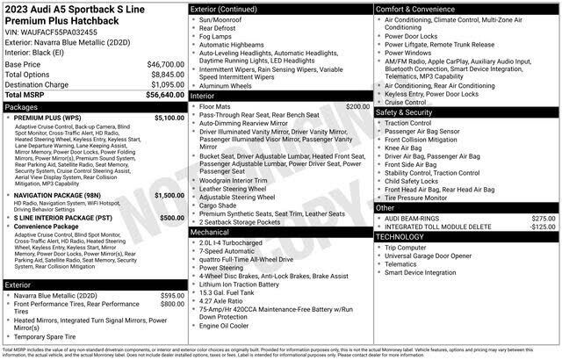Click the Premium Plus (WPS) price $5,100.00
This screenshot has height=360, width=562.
click(x=169, y=117)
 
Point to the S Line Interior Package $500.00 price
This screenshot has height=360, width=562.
click(x=171, y=217)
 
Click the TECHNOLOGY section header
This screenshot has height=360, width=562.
click(x=406, y=237)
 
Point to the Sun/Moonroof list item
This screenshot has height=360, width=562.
click(x=224, y=19)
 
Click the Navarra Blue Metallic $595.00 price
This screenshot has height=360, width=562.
click(x=170, y=296)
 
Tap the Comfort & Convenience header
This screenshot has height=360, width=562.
click(x=421, y=9)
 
